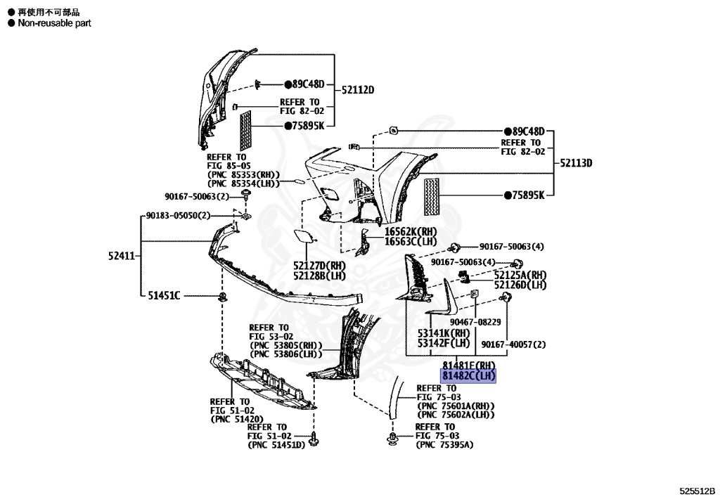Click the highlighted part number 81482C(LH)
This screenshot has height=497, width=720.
click(x=468, y=376)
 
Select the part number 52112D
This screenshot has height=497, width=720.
click(x=358, y=90)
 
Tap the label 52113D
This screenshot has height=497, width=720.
click(x=576, y=163)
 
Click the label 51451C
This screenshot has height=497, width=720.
click(x=163, y=295)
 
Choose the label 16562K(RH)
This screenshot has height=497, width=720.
click(x=411, y=231)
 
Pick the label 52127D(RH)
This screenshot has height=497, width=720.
click(x=320, y=266)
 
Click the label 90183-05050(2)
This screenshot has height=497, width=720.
click(x=178, y=215)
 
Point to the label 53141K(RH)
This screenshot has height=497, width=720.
click(x=444, y=333)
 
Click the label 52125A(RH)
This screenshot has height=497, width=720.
click(x=520, y=275)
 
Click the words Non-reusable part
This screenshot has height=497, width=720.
click(x=55, y=23)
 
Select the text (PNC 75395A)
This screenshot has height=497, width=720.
click(x=444, y=445)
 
